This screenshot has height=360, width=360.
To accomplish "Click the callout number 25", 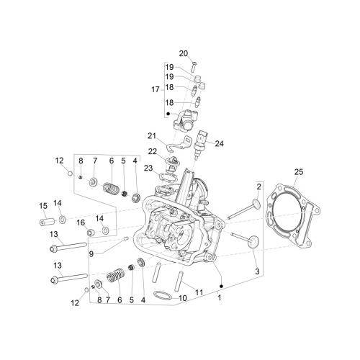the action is click(299, 172).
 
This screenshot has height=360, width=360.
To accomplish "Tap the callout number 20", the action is click(184, 53).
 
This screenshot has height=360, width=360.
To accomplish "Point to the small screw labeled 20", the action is click(194, 66).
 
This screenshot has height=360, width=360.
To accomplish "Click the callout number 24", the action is click(219, 143).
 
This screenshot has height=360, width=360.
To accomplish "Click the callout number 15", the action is click(43, 206).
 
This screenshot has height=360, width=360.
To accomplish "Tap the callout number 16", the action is click(81, 222).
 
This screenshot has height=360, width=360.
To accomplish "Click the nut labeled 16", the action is click(91, 232).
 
